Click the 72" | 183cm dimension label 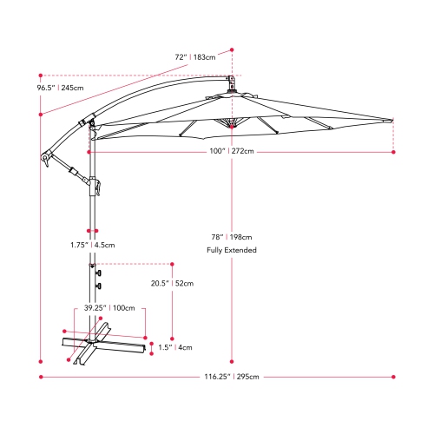tap(194, 58)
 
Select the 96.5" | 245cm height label tap(60, 88)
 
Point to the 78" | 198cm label tap(232, 236)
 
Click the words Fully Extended tap(232, 250)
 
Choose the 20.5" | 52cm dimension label tap(171, 283)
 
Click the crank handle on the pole tap(95, 185)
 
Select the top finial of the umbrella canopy tap(232, 83)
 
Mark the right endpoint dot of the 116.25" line tap(394, 377)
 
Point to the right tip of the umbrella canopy tap(393, 122)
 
